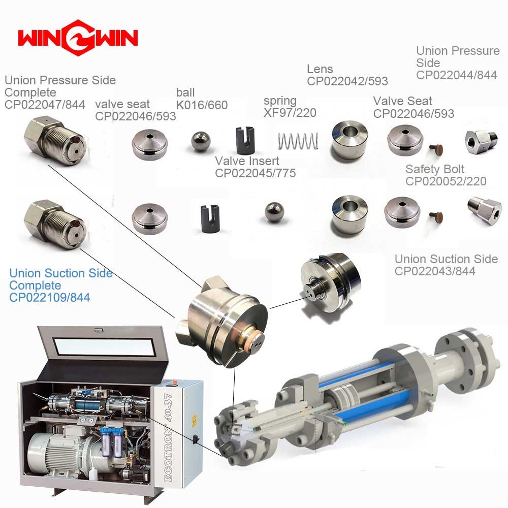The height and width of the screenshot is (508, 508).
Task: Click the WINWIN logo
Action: click(78, 38)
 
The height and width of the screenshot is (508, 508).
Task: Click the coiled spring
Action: click(298, 141)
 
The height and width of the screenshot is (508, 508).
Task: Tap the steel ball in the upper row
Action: click(201, 141)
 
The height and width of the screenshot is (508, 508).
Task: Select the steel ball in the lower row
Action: click(274, 212)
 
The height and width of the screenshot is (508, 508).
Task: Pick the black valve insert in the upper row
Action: click(245, 140)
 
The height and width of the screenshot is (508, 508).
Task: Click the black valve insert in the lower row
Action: click(210, 218)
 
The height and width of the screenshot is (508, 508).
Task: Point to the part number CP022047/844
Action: click(45, 105)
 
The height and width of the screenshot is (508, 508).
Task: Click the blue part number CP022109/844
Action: click(50, 297)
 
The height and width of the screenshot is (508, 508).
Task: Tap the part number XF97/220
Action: click(290, 113)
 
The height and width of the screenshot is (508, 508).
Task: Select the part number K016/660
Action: click(202, 105)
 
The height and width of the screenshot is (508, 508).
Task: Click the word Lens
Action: click(320, 69)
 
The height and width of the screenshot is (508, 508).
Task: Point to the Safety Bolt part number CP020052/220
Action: click(446, 181)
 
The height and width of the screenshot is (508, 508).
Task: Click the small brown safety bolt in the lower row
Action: click(436, 217)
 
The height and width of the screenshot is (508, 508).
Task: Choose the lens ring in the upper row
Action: click(350, 140)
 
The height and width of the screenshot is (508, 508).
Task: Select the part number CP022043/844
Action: click(435, 271)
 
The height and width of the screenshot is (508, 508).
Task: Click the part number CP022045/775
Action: click(256, 173)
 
